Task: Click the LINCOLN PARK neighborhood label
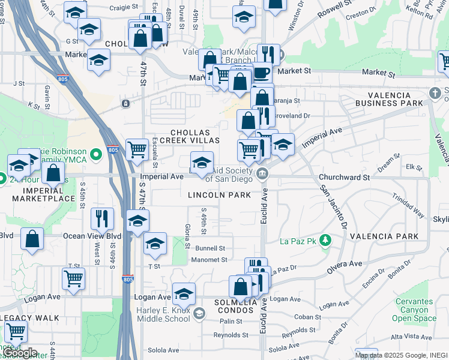tap(218, 195)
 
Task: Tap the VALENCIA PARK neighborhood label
tap(384, 236)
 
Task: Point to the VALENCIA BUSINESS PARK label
tap(396, 100)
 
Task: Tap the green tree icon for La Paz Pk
tap(325, 241)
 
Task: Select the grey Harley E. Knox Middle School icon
tap(199, 313)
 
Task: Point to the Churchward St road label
tap(344, 178)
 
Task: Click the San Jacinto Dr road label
tap(333, 207)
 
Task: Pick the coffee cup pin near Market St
tap(261, 71)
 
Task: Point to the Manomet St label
tap(209, 260)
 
